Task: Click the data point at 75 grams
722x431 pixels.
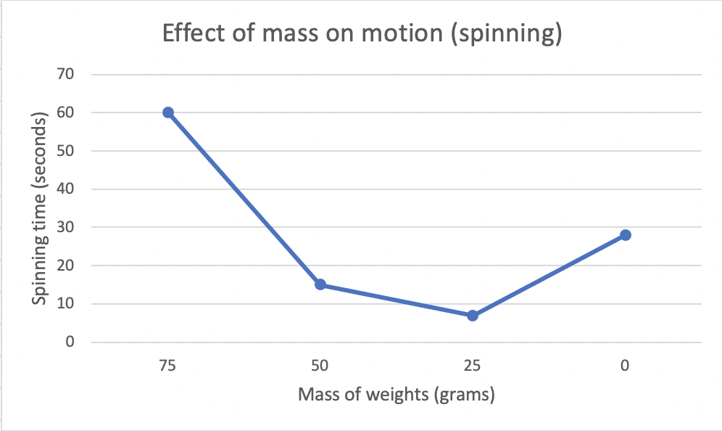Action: pos(168,112)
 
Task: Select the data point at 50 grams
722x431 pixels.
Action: pos(320,284)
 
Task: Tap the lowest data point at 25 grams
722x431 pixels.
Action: pos(473,316)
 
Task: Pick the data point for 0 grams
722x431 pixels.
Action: pos(625,235)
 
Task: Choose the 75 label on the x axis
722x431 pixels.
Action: pos(168,367)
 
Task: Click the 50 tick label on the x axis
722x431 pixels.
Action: pos(320,367)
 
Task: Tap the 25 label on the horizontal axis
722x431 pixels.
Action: pos(473,367)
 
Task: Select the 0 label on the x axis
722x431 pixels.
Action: pos(625,367)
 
